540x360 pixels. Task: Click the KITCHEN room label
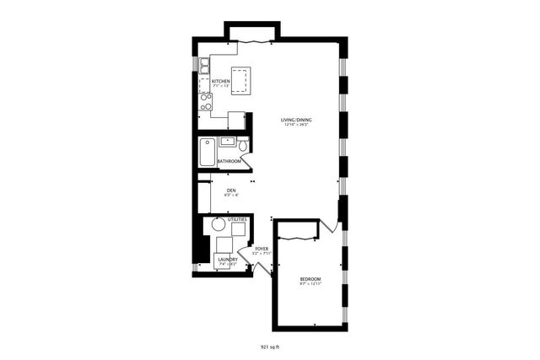tap(220, 81)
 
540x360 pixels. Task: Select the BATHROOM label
tap(229, 160)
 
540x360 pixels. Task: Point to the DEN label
tap(231, 191)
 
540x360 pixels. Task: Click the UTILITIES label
tap(237, 219)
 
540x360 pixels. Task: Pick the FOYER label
tap(262, 249)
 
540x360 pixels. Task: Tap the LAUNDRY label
tap(229, 260)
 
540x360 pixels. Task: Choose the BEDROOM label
tap(310, 279)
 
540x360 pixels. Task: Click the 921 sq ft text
tap(270, 346)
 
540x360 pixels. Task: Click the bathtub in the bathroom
tap(208, 153)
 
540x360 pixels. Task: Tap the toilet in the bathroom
tap(243, 146)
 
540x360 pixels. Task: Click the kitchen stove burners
tap(205, 101)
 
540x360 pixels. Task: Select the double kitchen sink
tap(205, 67)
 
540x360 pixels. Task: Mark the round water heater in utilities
tap(219, 225)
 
